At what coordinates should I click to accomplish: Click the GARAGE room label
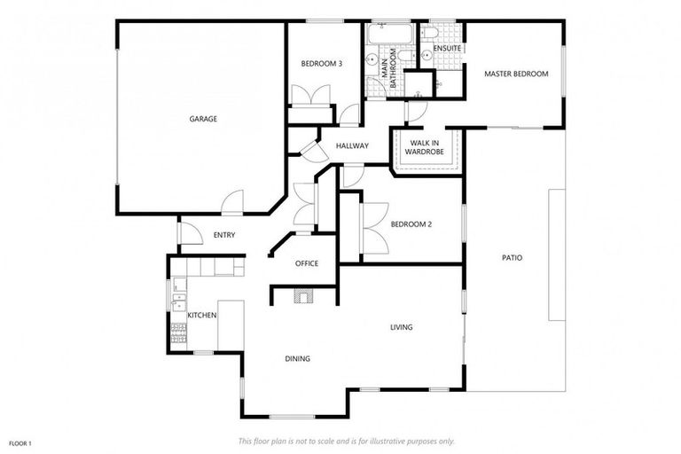[x=203, y=119]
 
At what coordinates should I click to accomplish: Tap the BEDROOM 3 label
[x=321, y=64]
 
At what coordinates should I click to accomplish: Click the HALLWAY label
[x=352, y=146]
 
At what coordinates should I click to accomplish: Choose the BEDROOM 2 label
[x=411, y=224]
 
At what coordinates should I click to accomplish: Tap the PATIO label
[x=512, y=258]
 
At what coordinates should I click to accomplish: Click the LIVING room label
[x=402, y=327]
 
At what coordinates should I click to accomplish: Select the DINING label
[x=298, y=359]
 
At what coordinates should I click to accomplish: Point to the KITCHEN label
[x=202, y=315]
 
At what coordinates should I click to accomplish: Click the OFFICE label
[x=307, y=263]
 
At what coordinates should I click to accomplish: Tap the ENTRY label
[x=224, y=235]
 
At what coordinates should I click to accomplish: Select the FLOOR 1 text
[x=20, y=442]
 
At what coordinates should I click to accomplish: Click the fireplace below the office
[x=304, y=297]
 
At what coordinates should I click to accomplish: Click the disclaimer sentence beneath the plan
[x=346, y=441]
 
